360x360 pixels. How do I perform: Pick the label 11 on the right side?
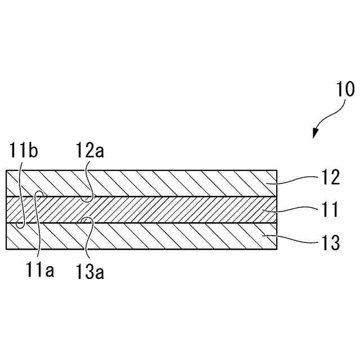coord(331,210)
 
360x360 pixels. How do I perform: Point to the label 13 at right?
coord(331,243)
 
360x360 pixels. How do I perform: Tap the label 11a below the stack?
coord(39,271)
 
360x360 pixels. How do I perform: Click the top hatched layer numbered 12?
coord(169,183)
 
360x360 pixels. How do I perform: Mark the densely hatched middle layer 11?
coord(169,210)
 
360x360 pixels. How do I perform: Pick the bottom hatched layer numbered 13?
coord(169,236)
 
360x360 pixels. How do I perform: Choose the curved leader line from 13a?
coord(89,236)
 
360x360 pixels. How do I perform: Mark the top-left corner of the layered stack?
coord(6,169)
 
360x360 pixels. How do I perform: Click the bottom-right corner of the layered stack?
coord(277,249)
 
